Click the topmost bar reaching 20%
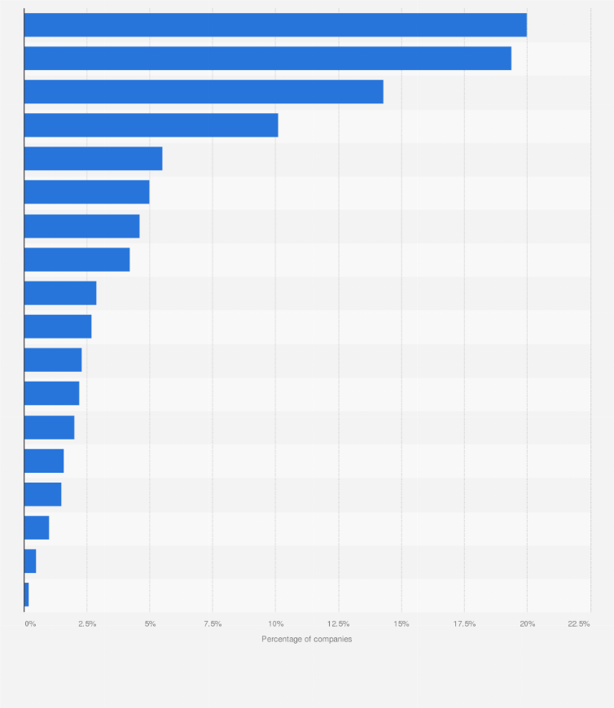(x=275, y=25)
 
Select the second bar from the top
(x=267, y=59)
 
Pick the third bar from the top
(x=204, y=92)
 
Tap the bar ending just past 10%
(x=151, y=125)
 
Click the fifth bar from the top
(x=93, y=159)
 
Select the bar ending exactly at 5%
(x=86, y=192)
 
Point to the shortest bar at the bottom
(x=27, y=594)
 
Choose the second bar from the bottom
(x=30, y=561)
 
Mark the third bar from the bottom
(x=37, y=527)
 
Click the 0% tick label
(x=30, y=624)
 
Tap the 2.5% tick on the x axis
(x=87, y=624)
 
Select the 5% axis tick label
(x=150, y=624)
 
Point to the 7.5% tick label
(x=213, y=624)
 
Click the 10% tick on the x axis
(x=276, y=624)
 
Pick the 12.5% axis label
(x=339, y=624)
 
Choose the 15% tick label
(x=401, y=624)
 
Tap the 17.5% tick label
(x=464, y=624)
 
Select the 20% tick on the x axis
(x=527, y=624)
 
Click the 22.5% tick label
(x=579, y=624)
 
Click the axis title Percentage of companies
(x=306, y=640)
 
